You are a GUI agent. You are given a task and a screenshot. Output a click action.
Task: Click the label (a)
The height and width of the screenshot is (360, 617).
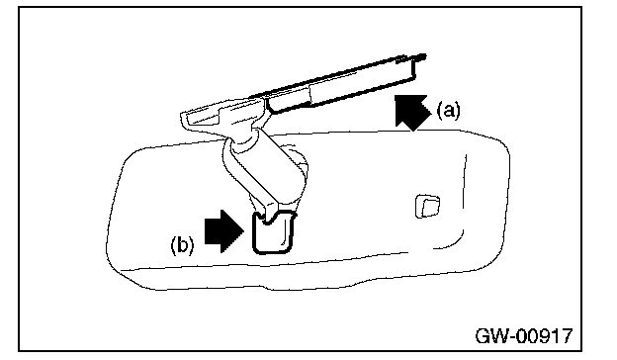pos(448,110)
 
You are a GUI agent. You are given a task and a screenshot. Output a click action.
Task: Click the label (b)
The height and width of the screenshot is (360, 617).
pos(182,244)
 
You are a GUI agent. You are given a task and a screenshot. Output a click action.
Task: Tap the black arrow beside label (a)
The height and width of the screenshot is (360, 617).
pos(412,112)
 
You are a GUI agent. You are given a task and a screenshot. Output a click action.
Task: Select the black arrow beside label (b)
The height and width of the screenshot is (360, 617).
pos(224,231)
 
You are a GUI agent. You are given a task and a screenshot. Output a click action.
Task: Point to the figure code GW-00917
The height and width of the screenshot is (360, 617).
pos(524,336)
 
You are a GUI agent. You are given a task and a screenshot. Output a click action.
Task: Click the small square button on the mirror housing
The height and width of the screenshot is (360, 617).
pos(427,206)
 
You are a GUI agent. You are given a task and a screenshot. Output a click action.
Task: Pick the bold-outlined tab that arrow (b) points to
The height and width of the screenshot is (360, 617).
pos(273,232)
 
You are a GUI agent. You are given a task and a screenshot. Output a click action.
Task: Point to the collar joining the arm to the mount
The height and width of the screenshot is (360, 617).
pos(242,140)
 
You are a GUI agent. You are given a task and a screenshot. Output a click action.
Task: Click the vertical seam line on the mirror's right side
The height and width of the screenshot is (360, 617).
pos(464,197)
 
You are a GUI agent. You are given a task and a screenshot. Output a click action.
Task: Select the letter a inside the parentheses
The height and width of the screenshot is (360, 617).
pos(448,112)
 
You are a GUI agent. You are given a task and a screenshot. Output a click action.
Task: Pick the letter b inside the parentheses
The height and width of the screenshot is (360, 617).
pos(182,244)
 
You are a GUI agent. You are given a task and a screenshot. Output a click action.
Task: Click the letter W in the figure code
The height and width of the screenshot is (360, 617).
pos(500,336)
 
